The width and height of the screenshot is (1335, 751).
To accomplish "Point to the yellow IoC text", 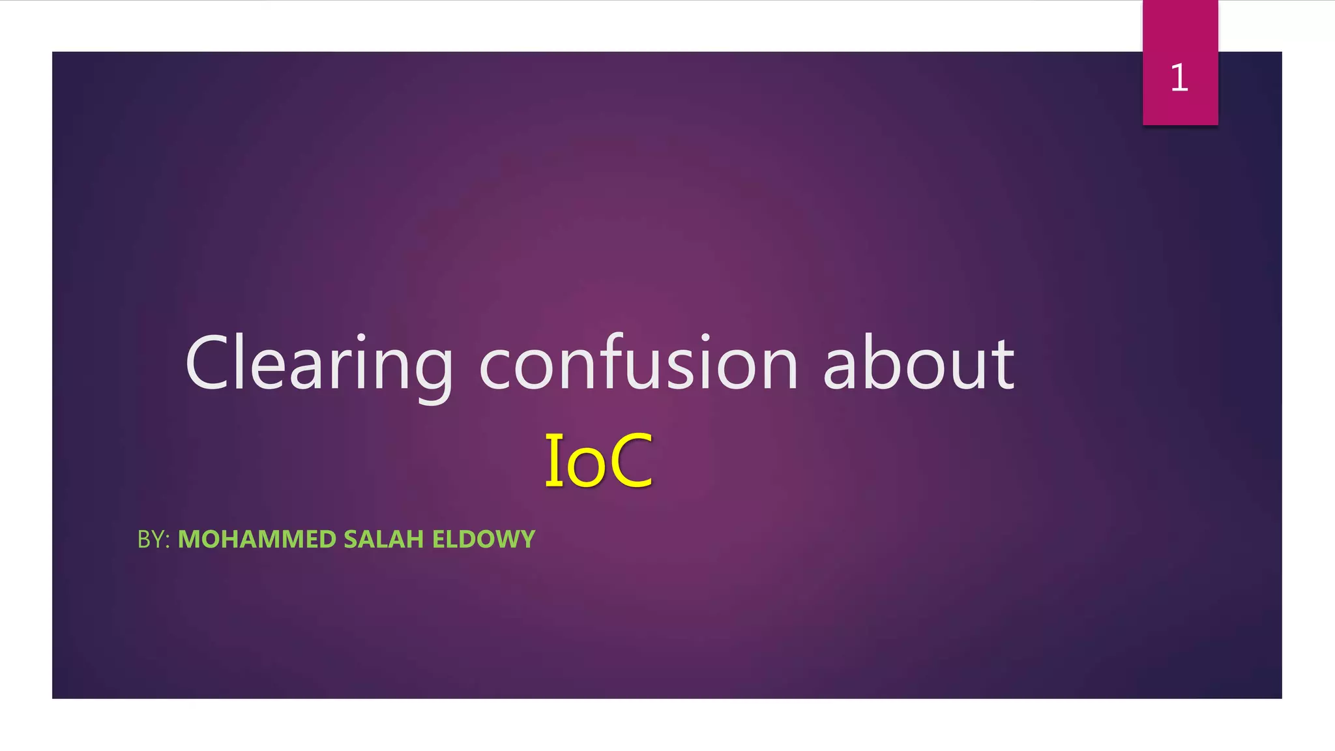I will [x=598, y=460].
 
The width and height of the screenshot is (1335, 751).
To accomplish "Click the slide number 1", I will [x=1179, y=78].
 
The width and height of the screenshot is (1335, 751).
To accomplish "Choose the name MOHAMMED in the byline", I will [x=257, y=539].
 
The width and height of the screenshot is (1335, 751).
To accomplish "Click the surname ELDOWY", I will [x=484, y=539].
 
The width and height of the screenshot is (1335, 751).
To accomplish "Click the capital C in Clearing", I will [x=210, y=363].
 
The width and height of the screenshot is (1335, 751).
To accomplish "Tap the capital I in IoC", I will [x=553, y=460].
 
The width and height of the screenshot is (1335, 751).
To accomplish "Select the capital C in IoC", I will [x=631, y=460].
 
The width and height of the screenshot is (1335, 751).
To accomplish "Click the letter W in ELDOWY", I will [x=506, y=539].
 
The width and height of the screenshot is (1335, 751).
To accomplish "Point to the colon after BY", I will [x=168, y=541].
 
